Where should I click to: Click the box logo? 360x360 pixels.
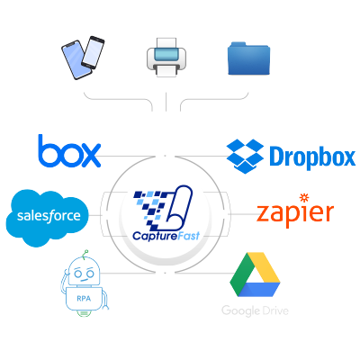69,150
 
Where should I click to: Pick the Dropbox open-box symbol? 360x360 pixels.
244,154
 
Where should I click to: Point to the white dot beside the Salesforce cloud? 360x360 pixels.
107,215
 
